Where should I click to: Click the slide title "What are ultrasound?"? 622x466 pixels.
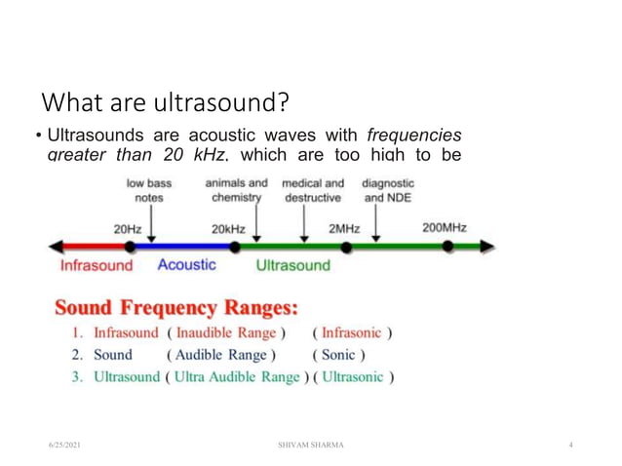(x=167, y=101)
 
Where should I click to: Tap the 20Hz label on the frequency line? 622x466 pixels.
(x=128, y=229)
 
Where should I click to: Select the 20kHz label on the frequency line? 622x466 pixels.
(x=228, y=229)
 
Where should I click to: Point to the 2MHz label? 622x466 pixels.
(x=343, y=229)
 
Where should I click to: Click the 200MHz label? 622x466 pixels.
(x=444, y=228)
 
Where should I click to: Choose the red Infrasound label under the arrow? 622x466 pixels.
(x=97, y=265)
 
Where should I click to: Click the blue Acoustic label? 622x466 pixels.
(x=187, y=264)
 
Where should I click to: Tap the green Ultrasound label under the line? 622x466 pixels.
(x=292, y=265)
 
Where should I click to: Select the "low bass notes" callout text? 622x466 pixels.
(x=149, y=190)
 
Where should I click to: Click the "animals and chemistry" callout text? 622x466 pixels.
(x=236, y=190)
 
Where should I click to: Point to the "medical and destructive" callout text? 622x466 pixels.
(x=313, y=190)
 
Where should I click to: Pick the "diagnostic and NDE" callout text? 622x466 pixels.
(x=388, y=190)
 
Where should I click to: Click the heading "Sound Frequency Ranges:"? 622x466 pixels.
(x=175, y=308)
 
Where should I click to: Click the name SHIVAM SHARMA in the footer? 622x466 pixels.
(x=310, y=445)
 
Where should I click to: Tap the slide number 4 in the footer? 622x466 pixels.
(x=570, y=445)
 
